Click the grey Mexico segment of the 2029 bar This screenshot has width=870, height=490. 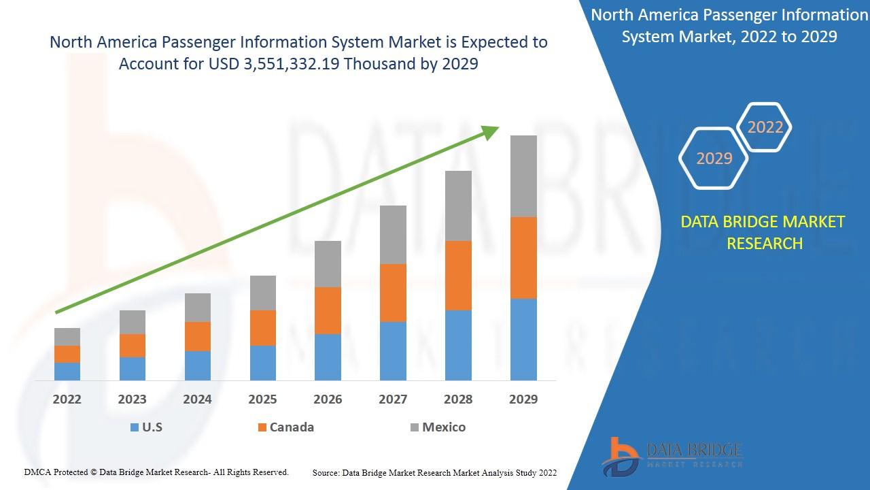523,176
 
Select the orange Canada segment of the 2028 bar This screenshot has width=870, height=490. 458,275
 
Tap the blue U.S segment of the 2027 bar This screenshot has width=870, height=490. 393,350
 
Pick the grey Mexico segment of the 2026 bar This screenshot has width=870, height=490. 328,263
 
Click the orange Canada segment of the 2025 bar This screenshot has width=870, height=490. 262,327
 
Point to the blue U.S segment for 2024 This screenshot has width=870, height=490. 198,365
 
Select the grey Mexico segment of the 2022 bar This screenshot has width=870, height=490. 67,336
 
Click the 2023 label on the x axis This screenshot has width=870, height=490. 132,399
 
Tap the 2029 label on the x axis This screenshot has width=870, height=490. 523,399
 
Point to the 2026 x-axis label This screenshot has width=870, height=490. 328,399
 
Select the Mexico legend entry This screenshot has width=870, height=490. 438,427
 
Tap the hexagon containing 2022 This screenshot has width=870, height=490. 765,127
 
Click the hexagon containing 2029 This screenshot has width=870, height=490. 714,159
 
